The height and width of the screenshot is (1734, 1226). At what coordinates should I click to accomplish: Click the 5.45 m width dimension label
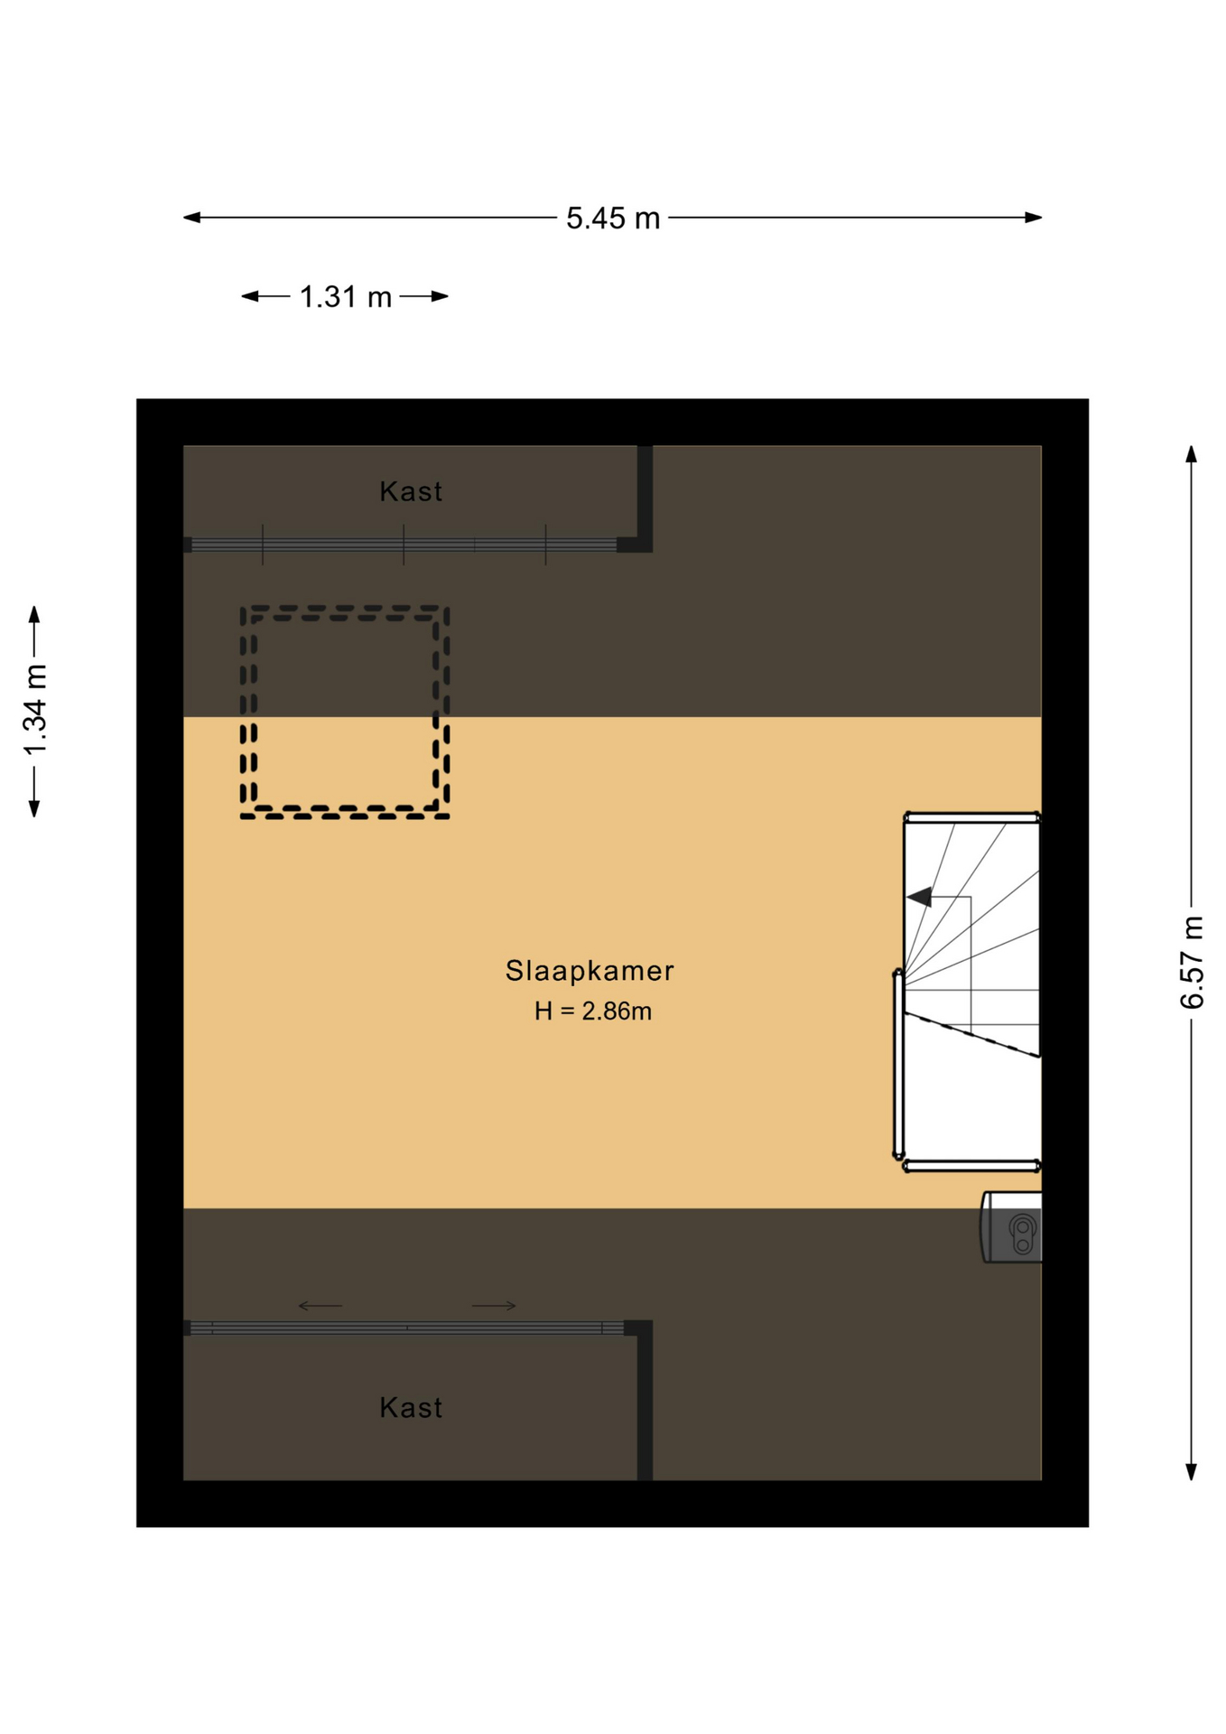613,219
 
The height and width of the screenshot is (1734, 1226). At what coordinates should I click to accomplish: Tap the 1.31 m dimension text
345,297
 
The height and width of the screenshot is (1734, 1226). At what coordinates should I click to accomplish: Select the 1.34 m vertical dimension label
35,710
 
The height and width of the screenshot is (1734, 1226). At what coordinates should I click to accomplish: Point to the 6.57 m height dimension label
1192,962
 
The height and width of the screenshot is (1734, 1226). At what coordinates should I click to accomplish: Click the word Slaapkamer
590,971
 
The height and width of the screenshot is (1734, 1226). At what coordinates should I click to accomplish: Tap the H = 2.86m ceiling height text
592,1011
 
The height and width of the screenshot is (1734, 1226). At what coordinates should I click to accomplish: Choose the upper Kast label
411,492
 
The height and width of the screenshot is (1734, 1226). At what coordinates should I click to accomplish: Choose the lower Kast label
411,1408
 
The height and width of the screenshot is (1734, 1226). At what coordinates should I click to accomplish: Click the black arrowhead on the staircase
920,897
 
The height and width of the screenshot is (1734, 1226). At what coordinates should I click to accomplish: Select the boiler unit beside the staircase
1013,1226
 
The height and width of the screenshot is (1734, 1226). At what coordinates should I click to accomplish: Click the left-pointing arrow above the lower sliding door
320,1306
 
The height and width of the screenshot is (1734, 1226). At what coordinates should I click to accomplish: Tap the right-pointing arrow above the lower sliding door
495,1306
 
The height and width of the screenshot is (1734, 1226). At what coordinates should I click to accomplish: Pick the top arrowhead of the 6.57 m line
1192,454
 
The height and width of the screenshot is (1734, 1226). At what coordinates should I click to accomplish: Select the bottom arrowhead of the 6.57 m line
1192,1472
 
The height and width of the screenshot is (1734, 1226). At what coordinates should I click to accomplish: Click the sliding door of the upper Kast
404,545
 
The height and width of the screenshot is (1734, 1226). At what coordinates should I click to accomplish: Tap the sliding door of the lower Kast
406,1328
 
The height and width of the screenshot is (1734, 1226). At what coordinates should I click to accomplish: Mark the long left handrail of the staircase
898,1064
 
